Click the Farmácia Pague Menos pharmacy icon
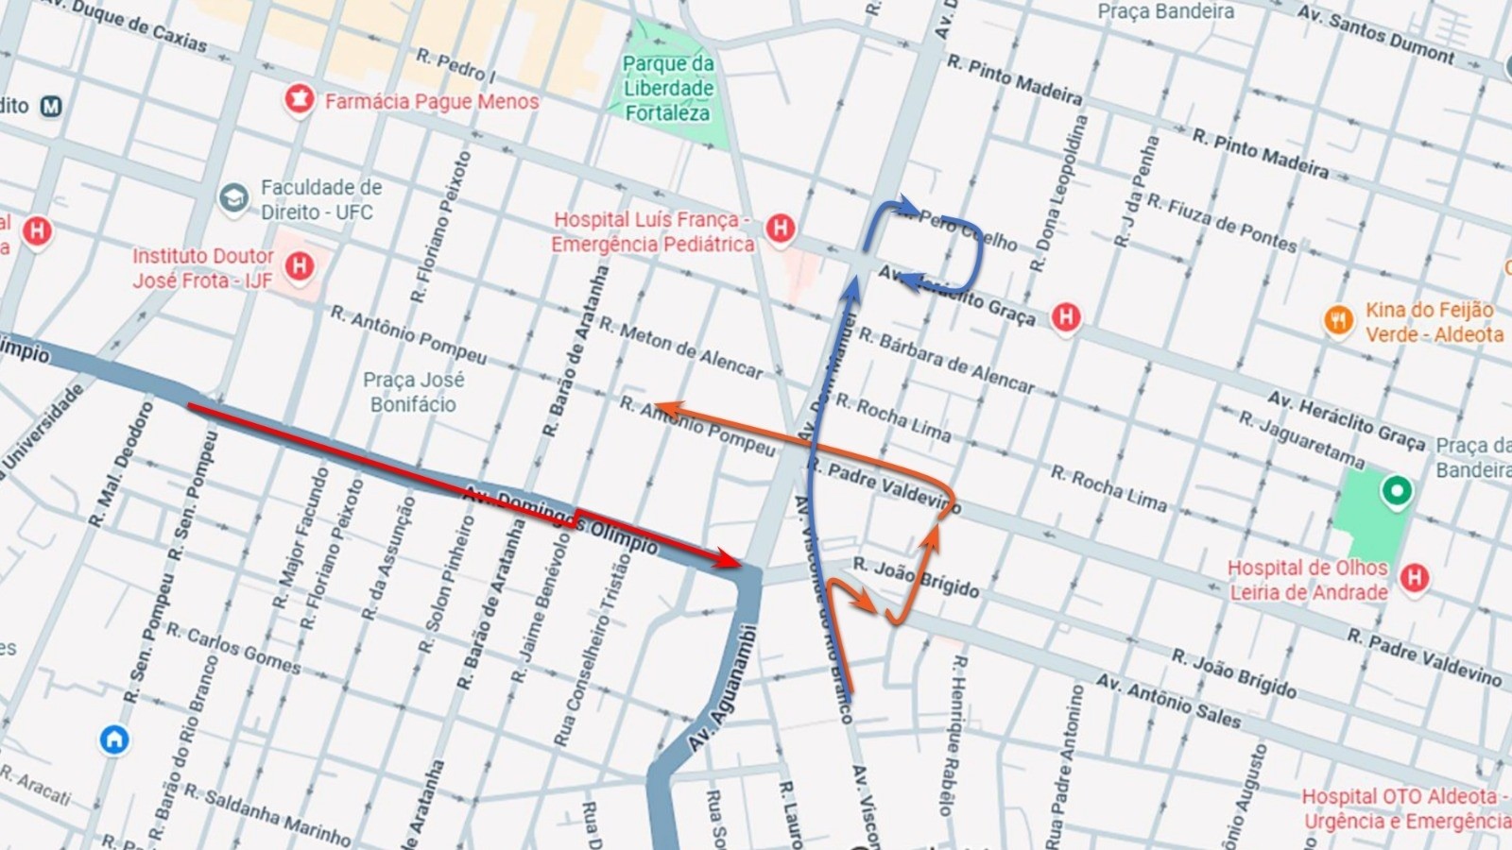point(299,99)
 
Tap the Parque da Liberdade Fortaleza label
point(668,88)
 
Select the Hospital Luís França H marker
point(780,228)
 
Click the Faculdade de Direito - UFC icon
point(233,198)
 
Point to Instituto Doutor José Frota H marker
point(300,266)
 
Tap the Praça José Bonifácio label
point(413,392)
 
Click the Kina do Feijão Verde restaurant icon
point(1338,320)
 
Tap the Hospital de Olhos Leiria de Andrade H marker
point(1414,577)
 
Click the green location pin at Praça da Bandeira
point(1396,491)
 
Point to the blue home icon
point(114,739)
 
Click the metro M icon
point(51,106)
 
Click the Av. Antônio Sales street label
point(1168,700)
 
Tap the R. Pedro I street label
point(455,65)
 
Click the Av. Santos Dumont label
point(1375,35)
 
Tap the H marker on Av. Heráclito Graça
point(1066,316)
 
